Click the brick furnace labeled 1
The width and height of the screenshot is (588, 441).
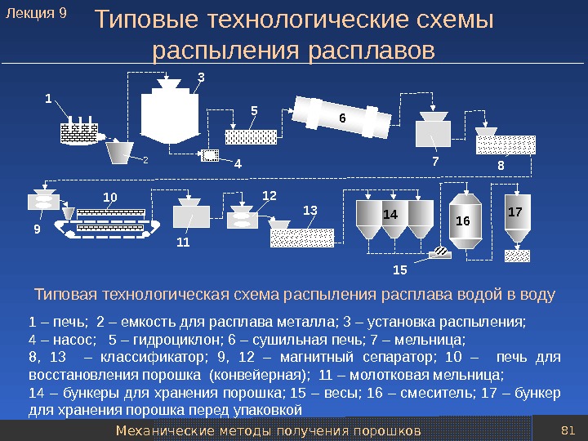tap(78, 132)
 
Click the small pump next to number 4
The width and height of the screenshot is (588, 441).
tap(211, 155)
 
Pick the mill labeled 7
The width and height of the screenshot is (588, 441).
tap(432, 130)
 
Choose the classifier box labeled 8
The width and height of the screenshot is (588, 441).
tap(506, 144)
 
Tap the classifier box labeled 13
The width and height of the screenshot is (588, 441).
tap(301, 237)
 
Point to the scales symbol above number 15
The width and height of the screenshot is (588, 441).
tap(442, 253)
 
